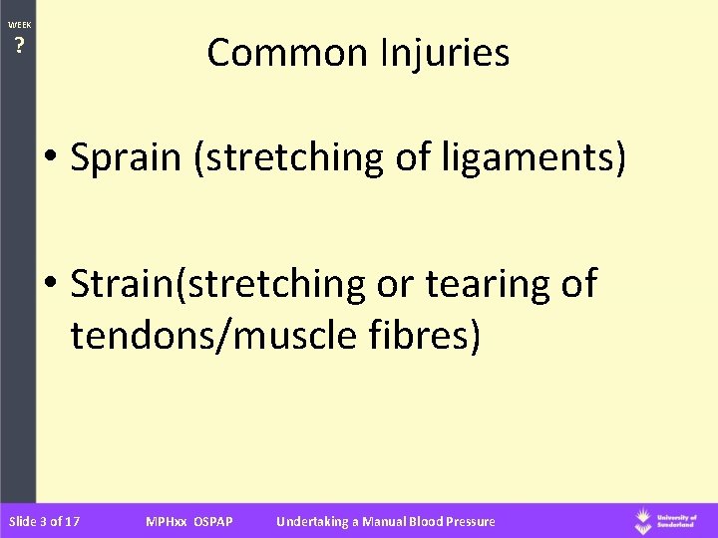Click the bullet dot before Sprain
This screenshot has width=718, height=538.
[52, 160]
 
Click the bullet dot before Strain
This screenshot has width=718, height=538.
[52, 285]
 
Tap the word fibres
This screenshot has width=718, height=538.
[431, 336]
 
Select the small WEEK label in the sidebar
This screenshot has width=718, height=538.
[18, 24]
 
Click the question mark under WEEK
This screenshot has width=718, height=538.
[18, 45]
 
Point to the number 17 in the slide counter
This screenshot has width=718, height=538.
[72, 521]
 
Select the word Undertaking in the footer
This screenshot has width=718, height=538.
[310, 521]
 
